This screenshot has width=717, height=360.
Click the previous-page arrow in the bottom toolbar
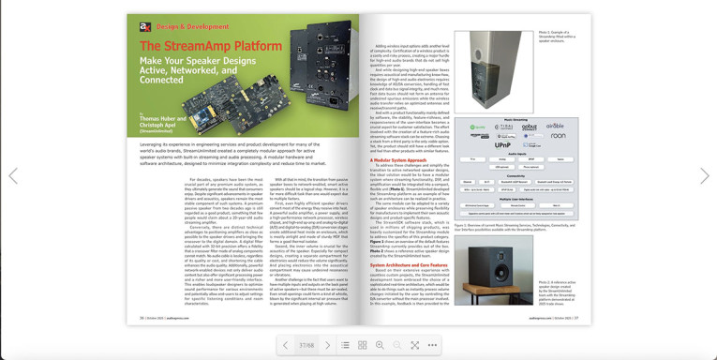287,345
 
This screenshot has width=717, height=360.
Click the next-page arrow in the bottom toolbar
326,345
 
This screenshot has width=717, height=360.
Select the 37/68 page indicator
306,345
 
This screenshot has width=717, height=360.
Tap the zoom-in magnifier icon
380,345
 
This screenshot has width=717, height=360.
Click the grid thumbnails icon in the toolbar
362,345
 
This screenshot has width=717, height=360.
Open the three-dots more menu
432,345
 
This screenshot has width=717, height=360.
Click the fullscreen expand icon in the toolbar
414,345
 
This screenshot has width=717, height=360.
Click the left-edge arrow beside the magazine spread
13,175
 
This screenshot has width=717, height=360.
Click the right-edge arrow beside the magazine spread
704,175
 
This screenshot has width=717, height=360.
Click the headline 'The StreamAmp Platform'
199,44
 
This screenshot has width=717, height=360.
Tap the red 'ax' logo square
145,27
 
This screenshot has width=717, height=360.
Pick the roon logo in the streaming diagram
557,136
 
